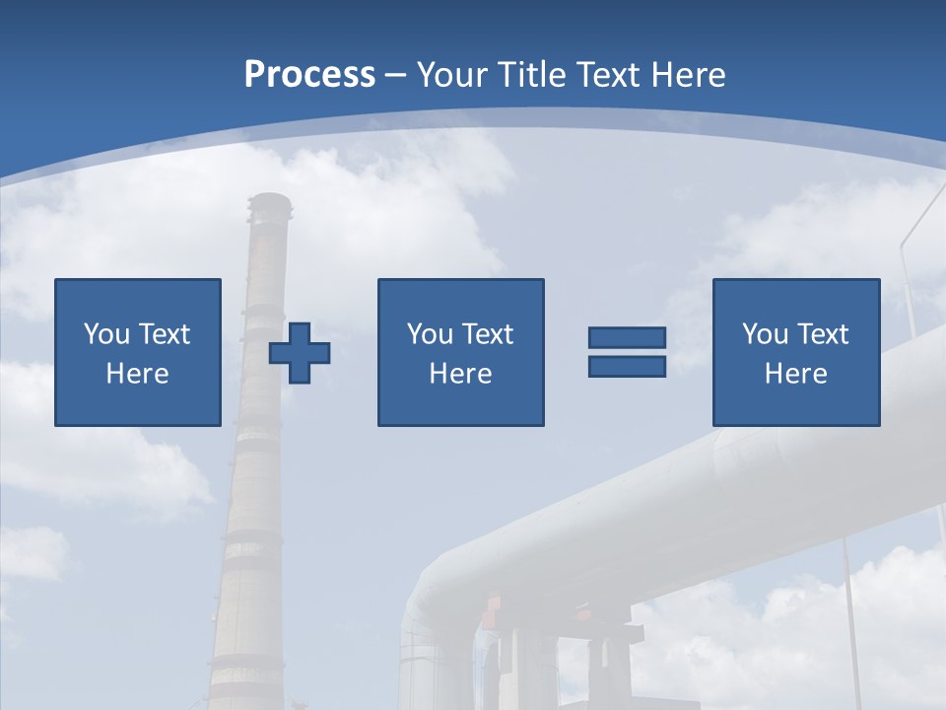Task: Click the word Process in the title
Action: tap(309, 75)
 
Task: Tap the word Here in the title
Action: tap(688, 75)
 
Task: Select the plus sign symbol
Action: tap(300, 352)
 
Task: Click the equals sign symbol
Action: tap(627, 352)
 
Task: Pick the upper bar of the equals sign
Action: tap(627, 338)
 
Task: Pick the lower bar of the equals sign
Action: tap(627, 366)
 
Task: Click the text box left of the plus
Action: tap(138, 352)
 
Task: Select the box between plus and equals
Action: tap(460, 352)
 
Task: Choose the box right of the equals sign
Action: tap(796, 352)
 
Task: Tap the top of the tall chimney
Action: tap(270, 203)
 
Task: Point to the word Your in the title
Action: tap(454, 75)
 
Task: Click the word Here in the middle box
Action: tap(460, 374)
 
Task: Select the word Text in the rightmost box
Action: tap(821, 334)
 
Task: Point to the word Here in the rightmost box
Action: tap(796, 374)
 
